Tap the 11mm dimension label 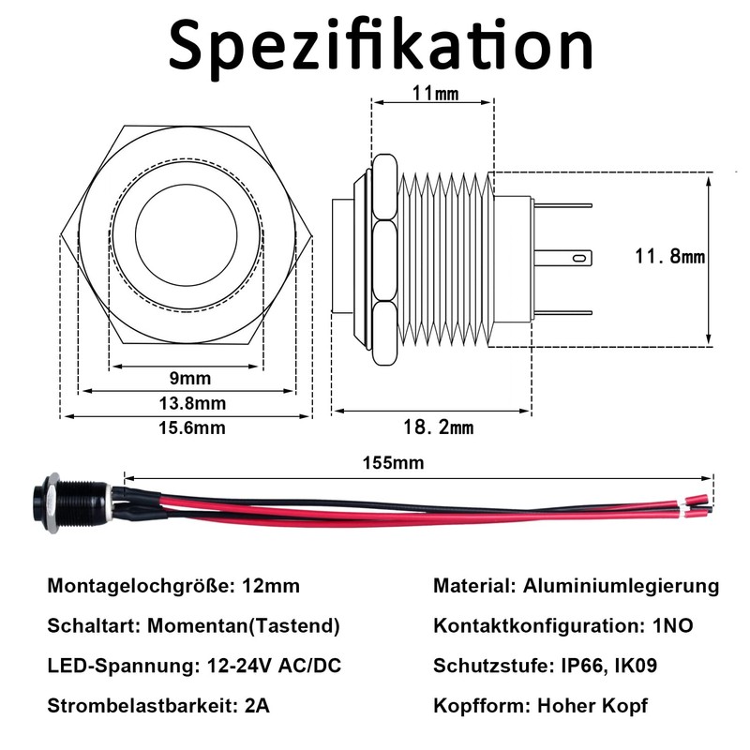pyautogui.click(x=435, y=93)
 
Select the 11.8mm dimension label pyautogui.click(x=669, y=256)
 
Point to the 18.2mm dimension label pyautogui.click(x=438, y=427)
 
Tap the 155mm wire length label pyautogui.click(x=393, y=462)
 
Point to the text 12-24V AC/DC pyautogui.click(x=271, y=666)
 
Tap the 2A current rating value pyautogui.click(x=255, y=706)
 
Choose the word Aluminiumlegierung pyautogui.click(x=620, y=586)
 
